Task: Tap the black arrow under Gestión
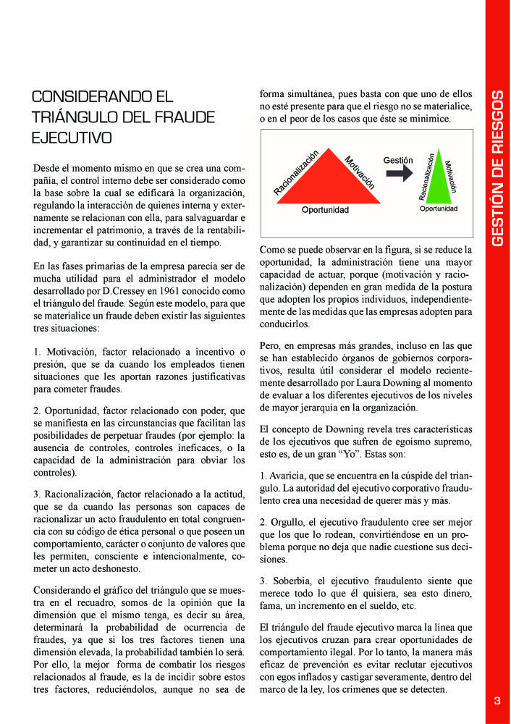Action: click(397, 174)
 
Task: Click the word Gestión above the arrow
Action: click(397, 160)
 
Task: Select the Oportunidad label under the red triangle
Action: click(325, 210)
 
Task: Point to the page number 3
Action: click(497, 700)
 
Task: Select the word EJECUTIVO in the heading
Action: click(72, 137)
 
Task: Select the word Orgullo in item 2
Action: click(288, 522)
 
